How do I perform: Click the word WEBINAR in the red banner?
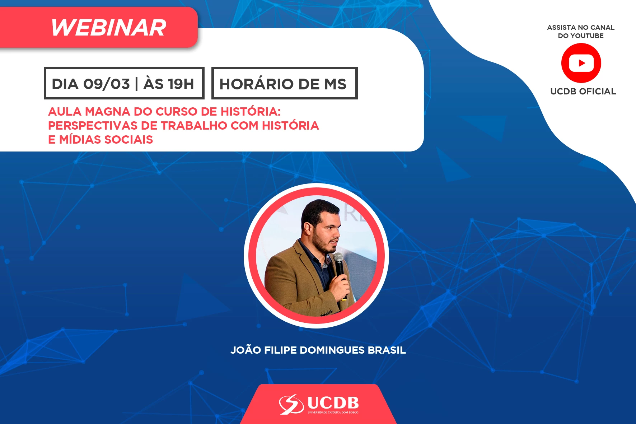coord(108,28)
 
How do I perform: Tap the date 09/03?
coord(107,84)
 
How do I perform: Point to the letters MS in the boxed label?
coord(335,84)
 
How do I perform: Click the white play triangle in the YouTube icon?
coord(582,63)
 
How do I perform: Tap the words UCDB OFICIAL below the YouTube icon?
coord(583,92)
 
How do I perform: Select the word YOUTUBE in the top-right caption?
coord(587,36)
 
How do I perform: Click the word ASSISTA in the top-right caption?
coord(561,28)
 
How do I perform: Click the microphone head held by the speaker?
coord(338,257)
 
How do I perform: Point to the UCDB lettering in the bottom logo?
coord(333,403)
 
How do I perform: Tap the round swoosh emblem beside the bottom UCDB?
coord(291,404)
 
